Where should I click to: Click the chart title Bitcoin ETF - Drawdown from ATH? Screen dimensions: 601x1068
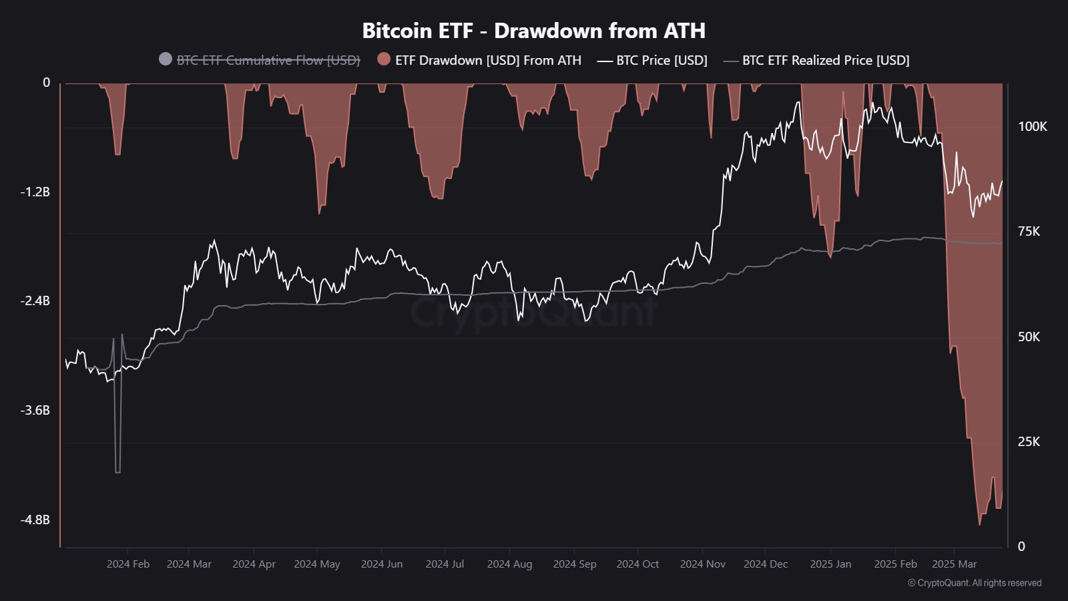pos(533,31)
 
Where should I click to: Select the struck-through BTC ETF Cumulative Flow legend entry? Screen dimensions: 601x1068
pos(268,60)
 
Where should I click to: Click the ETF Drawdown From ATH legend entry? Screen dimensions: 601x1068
pos(487,60)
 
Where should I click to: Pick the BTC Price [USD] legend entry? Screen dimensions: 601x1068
pos(661,60)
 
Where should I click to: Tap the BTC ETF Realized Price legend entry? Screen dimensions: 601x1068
pos(825,60)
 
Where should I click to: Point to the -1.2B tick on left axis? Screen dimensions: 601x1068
pos(35,192)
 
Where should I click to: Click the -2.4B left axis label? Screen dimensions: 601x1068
pos(35,301)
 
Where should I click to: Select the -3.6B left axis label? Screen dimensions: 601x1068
pos(35,410)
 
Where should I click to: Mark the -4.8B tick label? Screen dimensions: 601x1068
pos(35,520)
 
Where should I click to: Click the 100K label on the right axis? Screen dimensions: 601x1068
pos(1032,126)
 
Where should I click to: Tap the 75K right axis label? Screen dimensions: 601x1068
pos(1029,231)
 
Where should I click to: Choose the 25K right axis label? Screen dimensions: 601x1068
pos(1029,441)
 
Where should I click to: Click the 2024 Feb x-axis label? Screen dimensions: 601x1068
pos(128,564)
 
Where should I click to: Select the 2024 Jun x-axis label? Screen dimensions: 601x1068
pos(382,564)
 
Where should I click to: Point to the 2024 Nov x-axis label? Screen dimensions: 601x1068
pos(702,564)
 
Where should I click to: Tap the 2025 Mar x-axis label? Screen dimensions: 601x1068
pos(954,564)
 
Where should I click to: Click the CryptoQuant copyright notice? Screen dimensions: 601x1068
pos(975,583)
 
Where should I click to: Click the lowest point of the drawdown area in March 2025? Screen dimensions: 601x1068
pos(980,524)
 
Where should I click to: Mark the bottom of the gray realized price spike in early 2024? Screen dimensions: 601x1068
pos(118,472)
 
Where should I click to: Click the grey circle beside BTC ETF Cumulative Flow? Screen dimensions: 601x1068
pos(166,59)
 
